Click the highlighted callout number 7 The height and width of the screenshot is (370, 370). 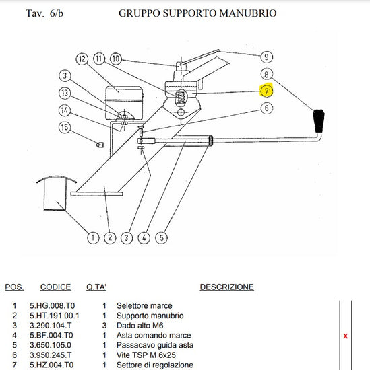266,91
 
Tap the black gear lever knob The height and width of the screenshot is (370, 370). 319,121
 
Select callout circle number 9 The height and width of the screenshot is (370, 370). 266,57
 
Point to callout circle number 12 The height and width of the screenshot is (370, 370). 82,59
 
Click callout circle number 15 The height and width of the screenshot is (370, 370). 65,127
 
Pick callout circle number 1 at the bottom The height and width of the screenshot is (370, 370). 93,237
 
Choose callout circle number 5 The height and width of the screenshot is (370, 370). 162,237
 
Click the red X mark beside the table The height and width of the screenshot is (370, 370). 346,336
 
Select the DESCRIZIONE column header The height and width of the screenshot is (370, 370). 226,287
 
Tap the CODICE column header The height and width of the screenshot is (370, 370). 55,287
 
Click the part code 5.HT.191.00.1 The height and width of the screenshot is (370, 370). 55,316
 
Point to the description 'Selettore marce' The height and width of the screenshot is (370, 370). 144,305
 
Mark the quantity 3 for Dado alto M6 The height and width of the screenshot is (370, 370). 104,326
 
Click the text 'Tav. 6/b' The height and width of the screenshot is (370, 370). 44,13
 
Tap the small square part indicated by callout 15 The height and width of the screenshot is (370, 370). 100,144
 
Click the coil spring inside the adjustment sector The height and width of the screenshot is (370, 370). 181,98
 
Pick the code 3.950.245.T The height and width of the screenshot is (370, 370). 51,355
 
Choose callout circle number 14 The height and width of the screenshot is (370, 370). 65,110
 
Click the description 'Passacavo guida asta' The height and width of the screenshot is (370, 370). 155,345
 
